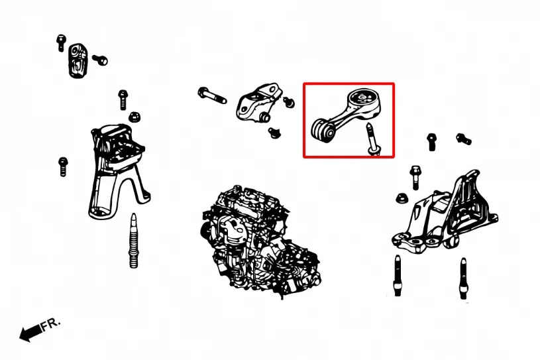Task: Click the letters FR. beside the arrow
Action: click(51, 324)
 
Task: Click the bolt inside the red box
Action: click(373, 139)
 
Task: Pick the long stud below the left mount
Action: click(133, 240)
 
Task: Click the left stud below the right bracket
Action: click(398, 275)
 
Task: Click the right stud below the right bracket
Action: click(463, 278)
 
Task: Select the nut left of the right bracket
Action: click(402, 198)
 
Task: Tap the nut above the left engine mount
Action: click(135, 117)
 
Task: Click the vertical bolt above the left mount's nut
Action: click(123, 99)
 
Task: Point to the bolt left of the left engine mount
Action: click(63, 166)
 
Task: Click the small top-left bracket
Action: click(78, 60)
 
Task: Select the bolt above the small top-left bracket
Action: click(61, 43)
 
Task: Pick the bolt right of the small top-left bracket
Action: click(100, 60)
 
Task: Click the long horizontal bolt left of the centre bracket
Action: click(212, 95)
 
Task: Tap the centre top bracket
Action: click(258, 102)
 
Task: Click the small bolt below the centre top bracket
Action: click(274, 133)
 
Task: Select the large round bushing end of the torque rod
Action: click(363, 102)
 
